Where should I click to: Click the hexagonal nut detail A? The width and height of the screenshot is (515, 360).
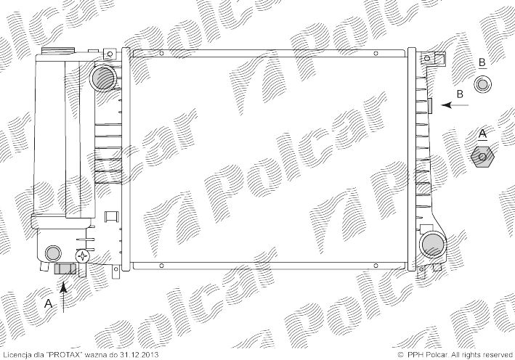tap(482, 157)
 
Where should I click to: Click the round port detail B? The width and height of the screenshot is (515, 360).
tap(482, 84)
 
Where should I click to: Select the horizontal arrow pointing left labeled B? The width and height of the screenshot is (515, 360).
tap(455, 105)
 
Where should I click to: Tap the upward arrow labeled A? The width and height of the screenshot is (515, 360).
tap(64, 296)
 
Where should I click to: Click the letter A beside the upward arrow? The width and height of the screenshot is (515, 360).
tap(48, 303)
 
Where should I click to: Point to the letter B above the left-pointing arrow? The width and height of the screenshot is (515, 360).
tap(460, 94)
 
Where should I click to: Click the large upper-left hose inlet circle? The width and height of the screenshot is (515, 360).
tap(103, 78)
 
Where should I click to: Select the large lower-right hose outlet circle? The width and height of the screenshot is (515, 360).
tap(433, 245)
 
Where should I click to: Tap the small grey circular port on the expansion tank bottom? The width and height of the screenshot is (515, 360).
tap(52, 253)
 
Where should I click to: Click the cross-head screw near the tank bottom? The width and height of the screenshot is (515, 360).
tap(82, 256)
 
